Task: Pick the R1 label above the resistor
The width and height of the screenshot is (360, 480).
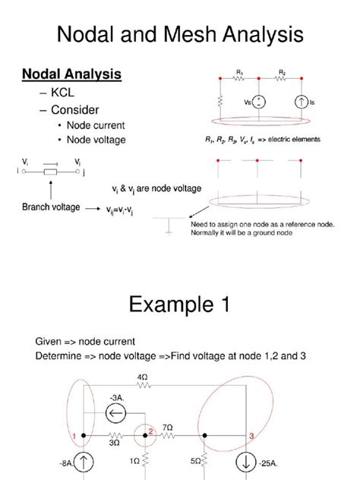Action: (x=239, y=72)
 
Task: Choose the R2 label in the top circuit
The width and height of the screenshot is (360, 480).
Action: (x=283, y=72)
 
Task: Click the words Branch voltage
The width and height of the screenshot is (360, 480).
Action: (x=51, y=207)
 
